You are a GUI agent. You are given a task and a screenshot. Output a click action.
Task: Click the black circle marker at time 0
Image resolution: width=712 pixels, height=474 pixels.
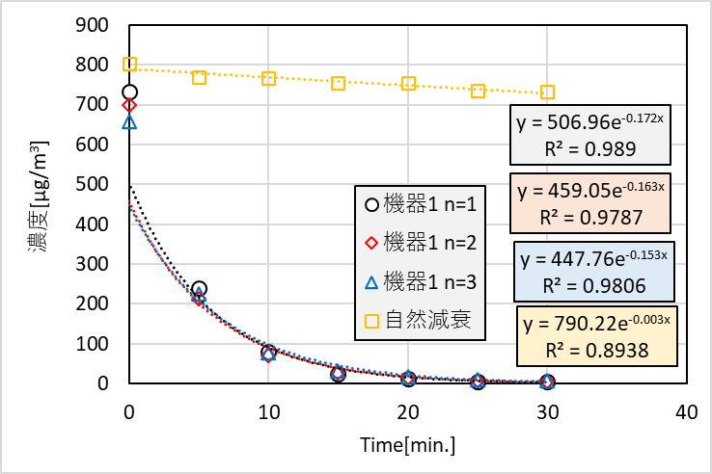(x=130, y=92)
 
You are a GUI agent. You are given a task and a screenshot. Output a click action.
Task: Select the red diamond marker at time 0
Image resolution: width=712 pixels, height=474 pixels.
(x=130, y=105)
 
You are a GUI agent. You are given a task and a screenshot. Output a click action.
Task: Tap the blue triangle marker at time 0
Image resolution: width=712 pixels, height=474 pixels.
(x=130, y=122)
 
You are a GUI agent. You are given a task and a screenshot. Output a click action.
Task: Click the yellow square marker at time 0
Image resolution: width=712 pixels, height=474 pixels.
(x=130, y=65)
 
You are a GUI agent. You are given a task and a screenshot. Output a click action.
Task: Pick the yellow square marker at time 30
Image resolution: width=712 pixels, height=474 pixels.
(x=548, y=92)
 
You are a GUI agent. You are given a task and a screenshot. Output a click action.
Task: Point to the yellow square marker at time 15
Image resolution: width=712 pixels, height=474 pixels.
(x=339, y=84)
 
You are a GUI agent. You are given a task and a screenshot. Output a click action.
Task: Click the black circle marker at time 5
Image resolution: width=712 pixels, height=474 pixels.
(x=200, y=289)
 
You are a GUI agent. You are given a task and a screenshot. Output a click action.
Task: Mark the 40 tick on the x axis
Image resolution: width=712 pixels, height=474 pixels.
(x=687, y=412)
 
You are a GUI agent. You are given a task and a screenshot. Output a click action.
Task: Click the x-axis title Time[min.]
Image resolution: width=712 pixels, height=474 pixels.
(x=408, y=445)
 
